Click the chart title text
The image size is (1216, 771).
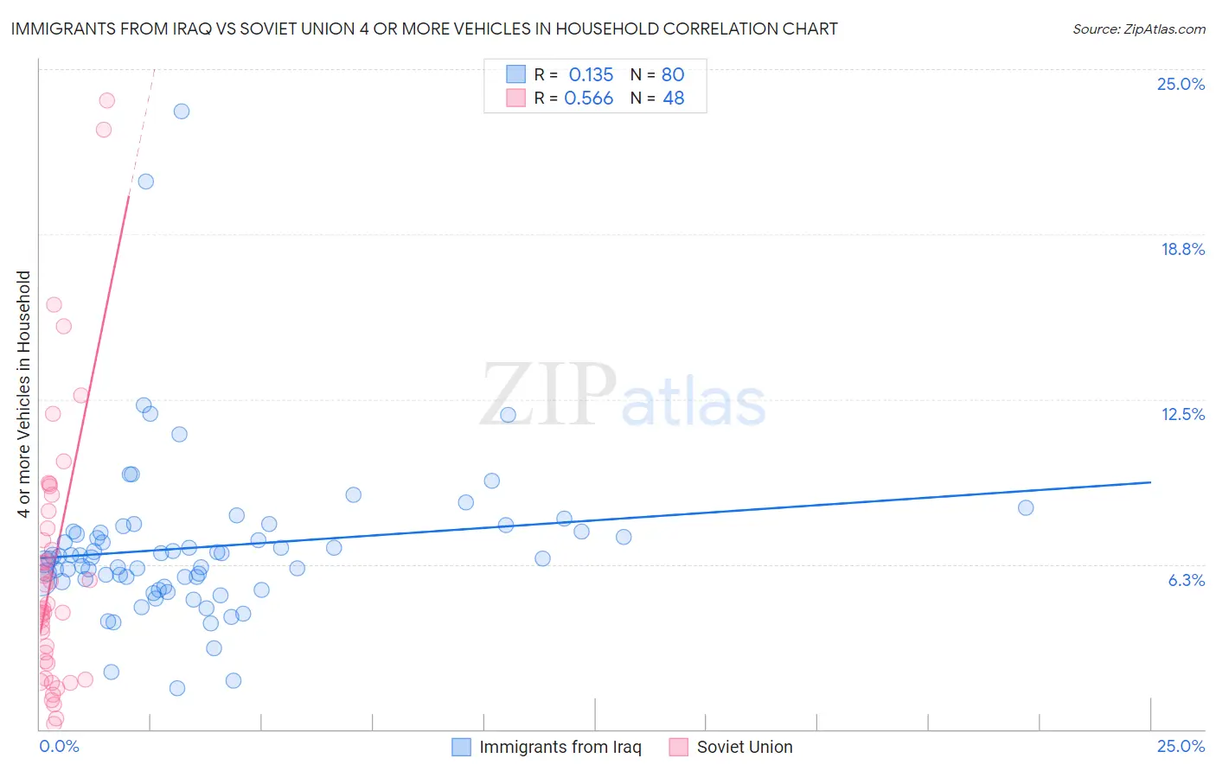[x=424, y=29]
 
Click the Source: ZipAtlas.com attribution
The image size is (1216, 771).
[x=1138, y=29]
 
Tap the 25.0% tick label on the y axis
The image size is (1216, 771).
[x=1181, y=84]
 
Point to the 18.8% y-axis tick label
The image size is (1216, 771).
[x=1182, y=249]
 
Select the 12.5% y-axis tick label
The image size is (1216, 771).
[x=1182, y=414]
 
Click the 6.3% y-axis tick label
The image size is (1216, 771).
[x=1186, y=580]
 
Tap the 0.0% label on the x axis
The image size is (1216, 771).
[x=59, y=746]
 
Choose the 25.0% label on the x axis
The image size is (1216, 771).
[x=1181, y=746]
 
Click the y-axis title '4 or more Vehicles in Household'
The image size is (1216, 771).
[x=23, y=394]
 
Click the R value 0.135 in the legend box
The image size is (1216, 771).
[x=591, y=74]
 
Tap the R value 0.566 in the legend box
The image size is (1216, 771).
[x=588, y=99]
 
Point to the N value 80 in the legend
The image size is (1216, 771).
[x=673, y=74]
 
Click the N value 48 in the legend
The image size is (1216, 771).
[x=673, y=99]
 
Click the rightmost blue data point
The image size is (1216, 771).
[x=1026, y=507]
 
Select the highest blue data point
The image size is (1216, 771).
[x=182, y=111]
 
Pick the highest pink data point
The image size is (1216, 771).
[x=107, y=100]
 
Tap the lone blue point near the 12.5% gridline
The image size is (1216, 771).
[x=509, y=415]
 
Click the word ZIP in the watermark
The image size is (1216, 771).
[x=548, y=394]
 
